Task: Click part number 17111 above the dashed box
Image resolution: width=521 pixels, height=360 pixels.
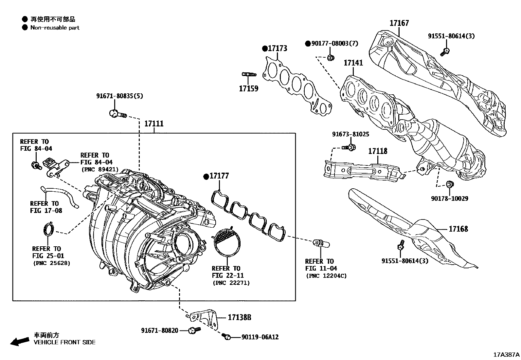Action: coord(154,124)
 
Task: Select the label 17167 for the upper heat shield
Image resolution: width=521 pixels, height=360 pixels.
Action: coord(399,23)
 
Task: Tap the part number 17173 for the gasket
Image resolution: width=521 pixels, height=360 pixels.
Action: coord(277,48)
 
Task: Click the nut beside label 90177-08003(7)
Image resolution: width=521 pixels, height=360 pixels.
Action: coord(330,58)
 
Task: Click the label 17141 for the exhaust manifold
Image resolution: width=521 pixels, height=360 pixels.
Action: coord(353,63)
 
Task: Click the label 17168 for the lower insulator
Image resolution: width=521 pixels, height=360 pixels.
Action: coord(458,229)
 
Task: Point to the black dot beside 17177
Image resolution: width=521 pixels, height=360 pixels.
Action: coord(206,177)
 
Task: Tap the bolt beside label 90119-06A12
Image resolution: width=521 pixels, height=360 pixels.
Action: coord(226,336)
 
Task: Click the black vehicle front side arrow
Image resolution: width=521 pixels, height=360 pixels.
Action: coord(19,341)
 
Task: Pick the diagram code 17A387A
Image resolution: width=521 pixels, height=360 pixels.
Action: coord(506,354)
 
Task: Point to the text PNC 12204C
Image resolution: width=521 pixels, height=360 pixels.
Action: coord(326,276)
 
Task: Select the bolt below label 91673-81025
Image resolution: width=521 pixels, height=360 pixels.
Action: coord(349,148)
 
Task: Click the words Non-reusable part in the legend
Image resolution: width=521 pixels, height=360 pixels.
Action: coord(55,28)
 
